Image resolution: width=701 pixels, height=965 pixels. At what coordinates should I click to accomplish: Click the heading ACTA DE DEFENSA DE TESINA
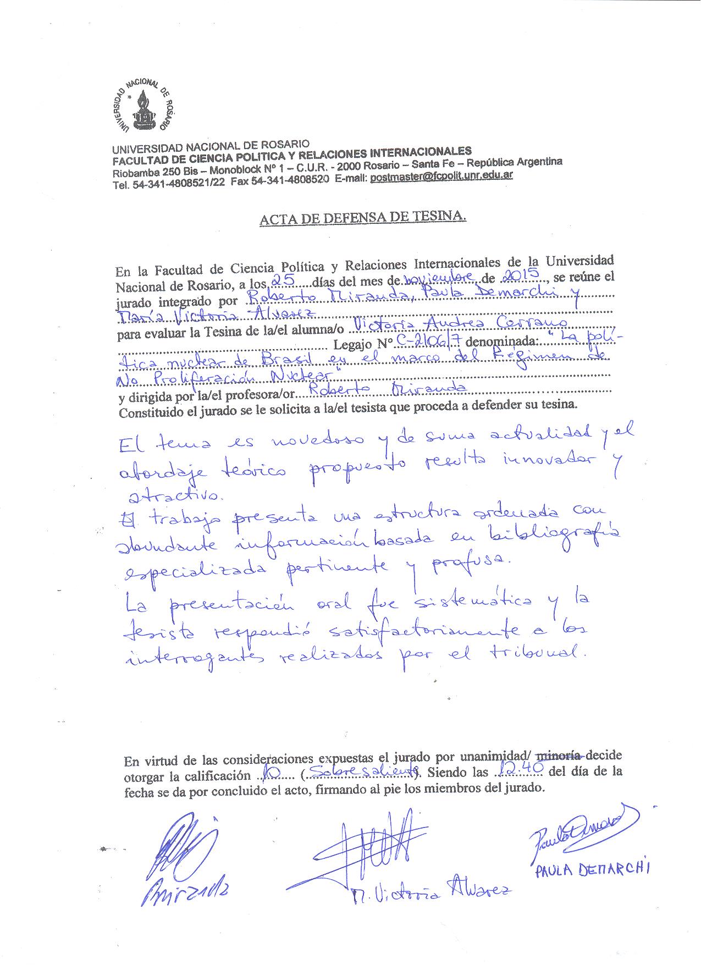click(x=363, y=218)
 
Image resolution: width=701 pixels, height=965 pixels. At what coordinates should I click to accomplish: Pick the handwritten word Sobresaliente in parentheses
click(x=361, y=773)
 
